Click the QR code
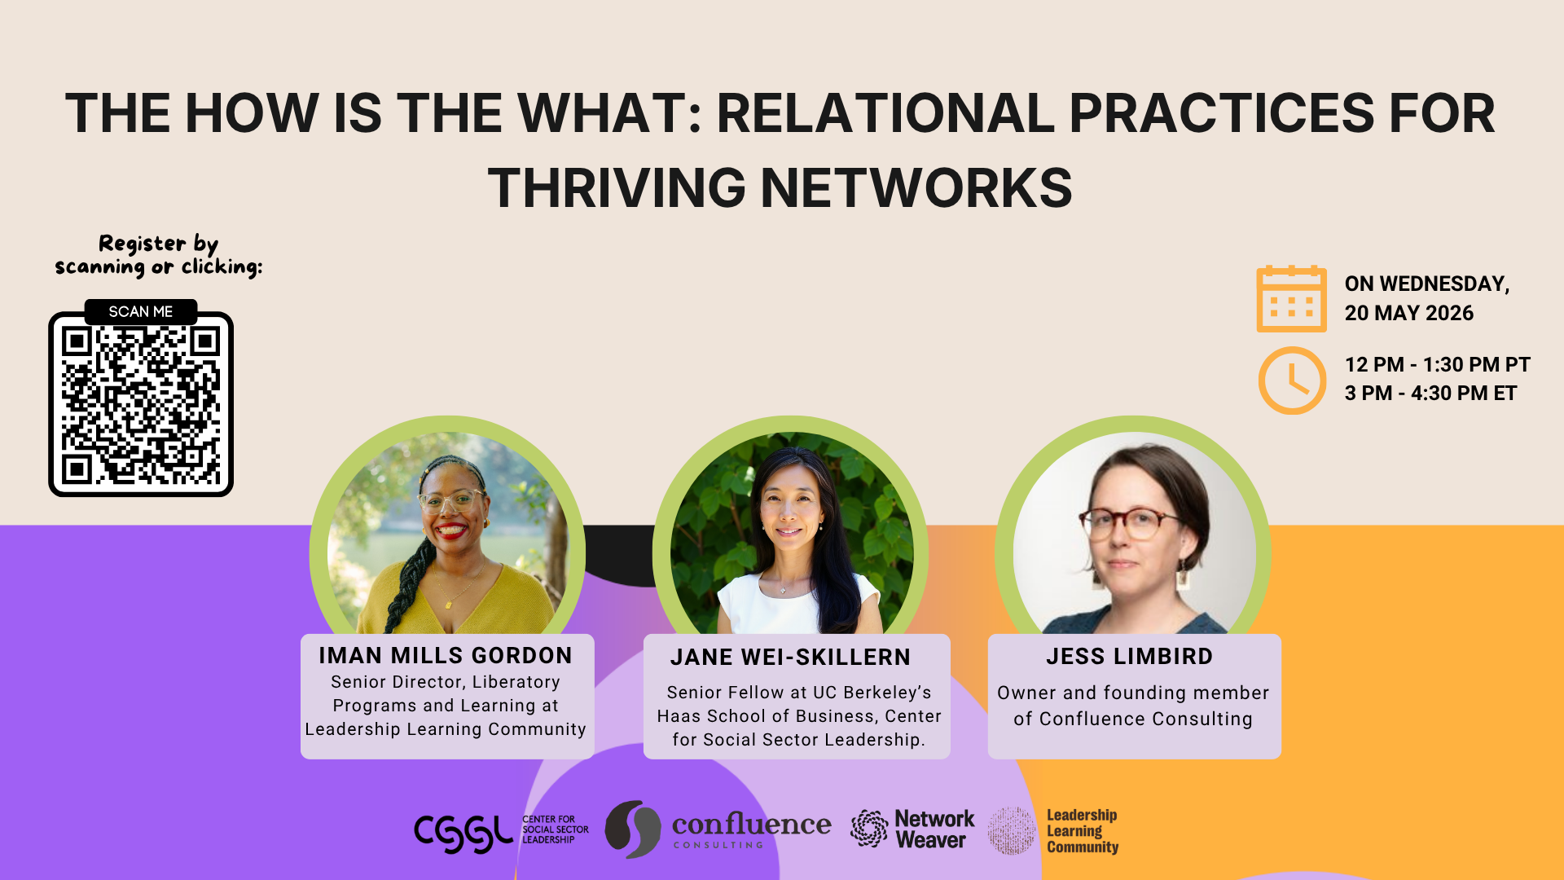pyautogui.click(x=141, y=405)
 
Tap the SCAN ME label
pyautogui.click(x=141, y=311)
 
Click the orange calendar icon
pyautogui.click(x=1291, y=299)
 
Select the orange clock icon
pyautogui.click(x=1292, y=381)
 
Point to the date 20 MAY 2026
pyautogui.click(x=1408, y=313)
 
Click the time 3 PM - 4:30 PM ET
pyautogui.click(x=1430, y=393)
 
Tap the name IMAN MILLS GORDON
pyautogui.click(x=446, y=655)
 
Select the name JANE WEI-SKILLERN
pyautogui.click(x=790, y=657)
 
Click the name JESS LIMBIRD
pyautogui.click(x=1129, y=656)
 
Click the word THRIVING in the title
pyautogui.click(x=617, y=187)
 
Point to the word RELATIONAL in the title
pyautogui.click(x=885, y=112)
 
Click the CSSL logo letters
pyautogui.click(x=463, y=833)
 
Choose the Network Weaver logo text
pyautogui.click(x=934, y=829)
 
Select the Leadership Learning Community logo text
pyautogui.click(x=1082, y=831)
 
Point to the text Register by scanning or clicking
pyautogui.click(x=159, y=255)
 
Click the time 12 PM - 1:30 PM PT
pyautogui.click(x=1437, y=364)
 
